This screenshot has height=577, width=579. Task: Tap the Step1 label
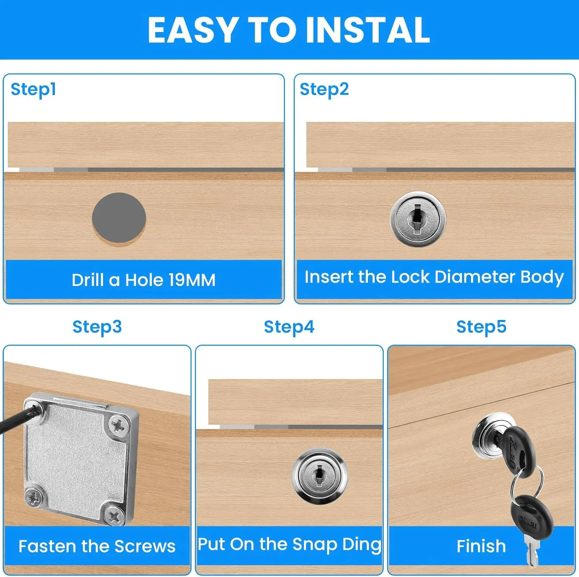[x=33, y=89]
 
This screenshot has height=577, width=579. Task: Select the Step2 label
[x=324, y=89]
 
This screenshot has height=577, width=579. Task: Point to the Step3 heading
[x=97, y=327]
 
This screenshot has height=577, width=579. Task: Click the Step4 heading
[x=289, y=327]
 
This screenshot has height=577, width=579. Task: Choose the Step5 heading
[x=481, y=327]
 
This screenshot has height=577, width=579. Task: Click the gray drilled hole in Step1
[x=119, y=218]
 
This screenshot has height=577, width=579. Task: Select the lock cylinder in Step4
[x=319, y=476]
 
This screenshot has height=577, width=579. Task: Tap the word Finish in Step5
[x=481, y=546]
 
